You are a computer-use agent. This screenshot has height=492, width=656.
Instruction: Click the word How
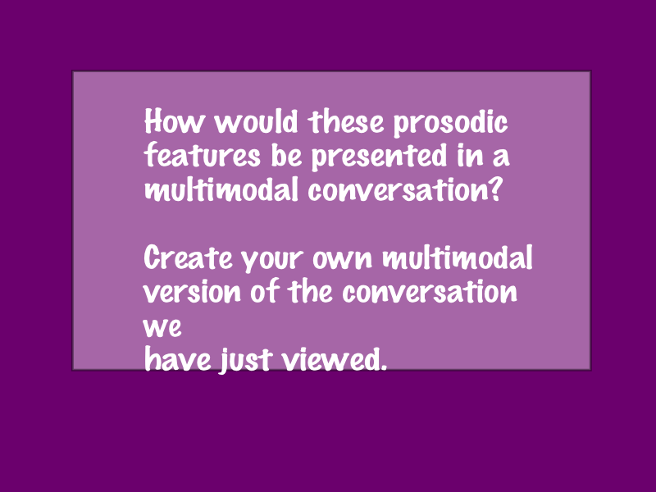pos(175,121)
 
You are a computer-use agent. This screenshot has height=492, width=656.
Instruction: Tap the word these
pos(345,121)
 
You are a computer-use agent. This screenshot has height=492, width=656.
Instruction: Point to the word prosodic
pos(450,123)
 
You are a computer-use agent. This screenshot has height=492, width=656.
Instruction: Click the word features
pos(203,155)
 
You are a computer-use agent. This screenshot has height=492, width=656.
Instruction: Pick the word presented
pos(380,157)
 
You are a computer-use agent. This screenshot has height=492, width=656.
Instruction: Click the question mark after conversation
pos(495,189)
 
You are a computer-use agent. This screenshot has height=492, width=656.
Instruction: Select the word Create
pos(189,257)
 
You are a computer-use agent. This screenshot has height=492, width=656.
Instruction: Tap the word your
pos(272,260)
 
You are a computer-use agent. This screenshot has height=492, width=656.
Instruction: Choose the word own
pos(342,259)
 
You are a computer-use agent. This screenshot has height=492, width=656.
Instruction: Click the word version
pos(193,292)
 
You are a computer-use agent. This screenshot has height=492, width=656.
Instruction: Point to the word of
pos(265,290)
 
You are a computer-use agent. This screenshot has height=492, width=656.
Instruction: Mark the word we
pos(162,327)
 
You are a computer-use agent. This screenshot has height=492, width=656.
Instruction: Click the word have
pos(178,358)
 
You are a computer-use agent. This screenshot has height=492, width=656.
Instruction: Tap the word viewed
pos(329,358)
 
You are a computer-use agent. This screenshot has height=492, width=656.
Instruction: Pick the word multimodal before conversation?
pos(221,189)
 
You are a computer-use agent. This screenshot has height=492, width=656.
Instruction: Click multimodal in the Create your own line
pos(458,257)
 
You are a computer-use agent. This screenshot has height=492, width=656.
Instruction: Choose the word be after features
pos(286,155)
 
